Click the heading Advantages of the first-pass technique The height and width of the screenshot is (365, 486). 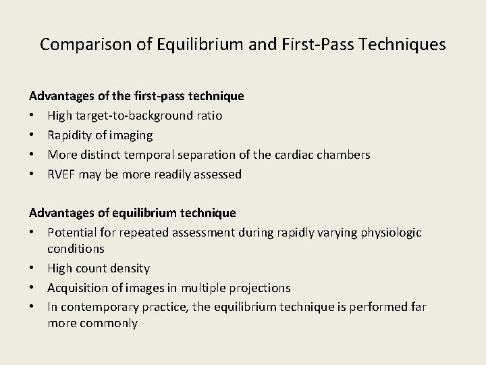tap(136, 96)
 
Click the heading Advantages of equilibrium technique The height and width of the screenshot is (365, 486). tap(132, 213)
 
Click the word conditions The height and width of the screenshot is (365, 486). tap(75, 249)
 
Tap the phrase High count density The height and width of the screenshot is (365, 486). tap(98, 268)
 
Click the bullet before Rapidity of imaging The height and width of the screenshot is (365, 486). tap(32, 135)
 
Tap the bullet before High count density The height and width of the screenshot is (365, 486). tap(32, 268)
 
